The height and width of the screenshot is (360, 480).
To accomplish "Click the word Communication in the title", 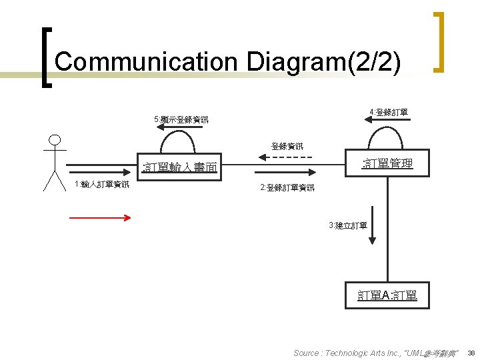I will click(x=146, y=62).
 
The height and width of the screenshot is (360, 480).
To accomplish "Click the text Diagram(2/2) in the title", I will click(x=323, y=62).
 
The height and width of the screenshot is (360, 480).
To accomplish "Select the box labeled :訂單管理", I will click(x=387, y=163).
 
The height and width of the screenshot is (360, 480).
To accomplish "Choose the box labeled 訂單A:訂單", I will click(x=387, y=295).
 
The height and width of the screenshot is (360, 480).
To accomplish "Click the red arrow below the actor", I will click(x=101, y=217).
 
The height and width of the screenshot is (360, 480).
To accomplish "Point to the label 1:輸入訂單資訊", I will click(x=102, y=185).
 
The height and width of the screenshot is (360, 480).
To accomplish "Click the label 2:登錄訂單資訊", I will click(x=287, y=188).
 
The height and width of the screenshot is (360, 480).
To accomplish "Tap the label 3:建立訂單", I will click(x=347, y=225).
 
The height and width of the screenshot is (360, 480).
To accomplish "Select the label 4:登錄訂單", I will click(x=389, y=112).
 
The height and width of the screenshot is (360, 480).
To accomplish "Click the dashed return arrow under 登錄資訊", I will click(x=285, y=157).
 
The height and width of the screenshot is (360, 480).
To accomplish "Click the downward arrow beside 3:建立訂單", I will click(x=373, y=229).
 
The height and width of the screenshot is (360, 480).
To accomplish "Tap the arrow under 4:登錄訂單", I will click(x=387, y=120).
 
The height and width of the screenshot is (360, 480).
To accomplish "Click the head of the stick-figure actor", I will click(x=55, y=141).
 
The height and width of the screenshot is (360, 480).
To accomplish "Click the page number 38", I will click(x=471, y=353).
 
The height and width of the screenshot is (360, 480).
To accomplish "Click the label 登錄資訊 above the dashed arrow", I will click(x=287, y=146).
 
